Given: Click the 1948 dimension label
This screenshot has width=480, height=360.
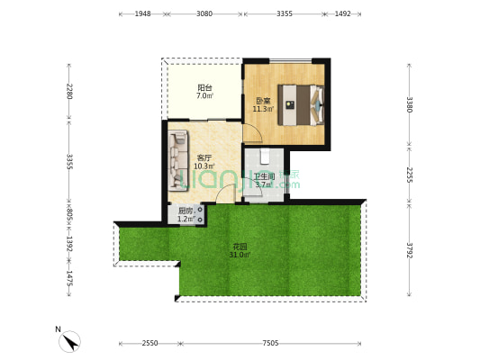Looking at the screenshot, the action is tap(142, 13).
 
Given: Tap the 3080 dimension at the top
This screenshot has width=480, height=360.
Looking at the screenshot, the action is tap(204, 13).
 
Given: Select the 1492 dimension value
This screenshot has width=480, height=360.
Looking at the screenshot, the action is tap(342, 13).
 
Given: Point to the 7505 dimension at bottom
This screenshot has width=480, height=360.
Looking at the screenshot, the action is tap(270, 343).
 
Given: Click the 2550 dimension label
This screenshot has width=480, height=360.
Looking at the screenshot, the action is tap(149, 343).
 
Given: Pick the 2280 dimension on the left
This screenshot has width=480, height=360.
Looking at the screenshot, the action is tap(69, 91).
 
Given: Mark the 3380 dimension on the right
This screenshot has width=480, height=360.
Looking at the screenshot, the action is tap(409, 104).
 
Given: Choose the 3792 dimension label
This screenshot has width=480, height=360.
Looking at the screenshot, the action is tap(409, 250).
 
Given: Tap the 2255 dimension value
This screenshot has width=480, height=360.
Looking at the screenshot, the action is tap(409, 175).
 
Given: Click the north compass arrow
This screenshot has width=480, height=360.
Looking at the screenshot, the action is tap(71, 343).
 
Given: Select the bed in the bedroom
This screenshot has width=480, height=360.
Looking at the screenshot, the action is tap(301, 105).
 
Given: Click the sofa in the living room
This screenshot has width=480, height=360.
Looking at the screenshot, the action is tap(178, 160).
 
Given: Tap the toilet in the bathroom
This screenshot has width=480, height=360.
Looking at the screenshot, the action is tap(264, 157).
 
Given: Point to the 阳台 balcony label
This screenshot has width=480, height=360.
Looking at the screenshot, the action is tap(204, 88).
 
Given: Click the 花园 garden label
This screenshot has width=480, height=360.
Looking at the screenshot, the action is tap(240, 247).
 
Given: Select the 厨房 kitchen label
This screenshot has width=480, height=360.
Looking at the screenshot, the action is tap(186, 211).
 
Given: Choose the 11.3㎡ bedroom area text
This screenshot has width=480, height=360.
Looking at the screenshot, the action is tap(263, 109).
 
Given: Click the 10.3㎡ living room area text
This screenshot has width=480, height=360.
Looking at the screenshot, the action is tap(204, 166).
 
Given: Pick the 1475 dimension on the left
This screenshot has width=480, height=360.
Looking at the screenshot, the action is tap(69, 278).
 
